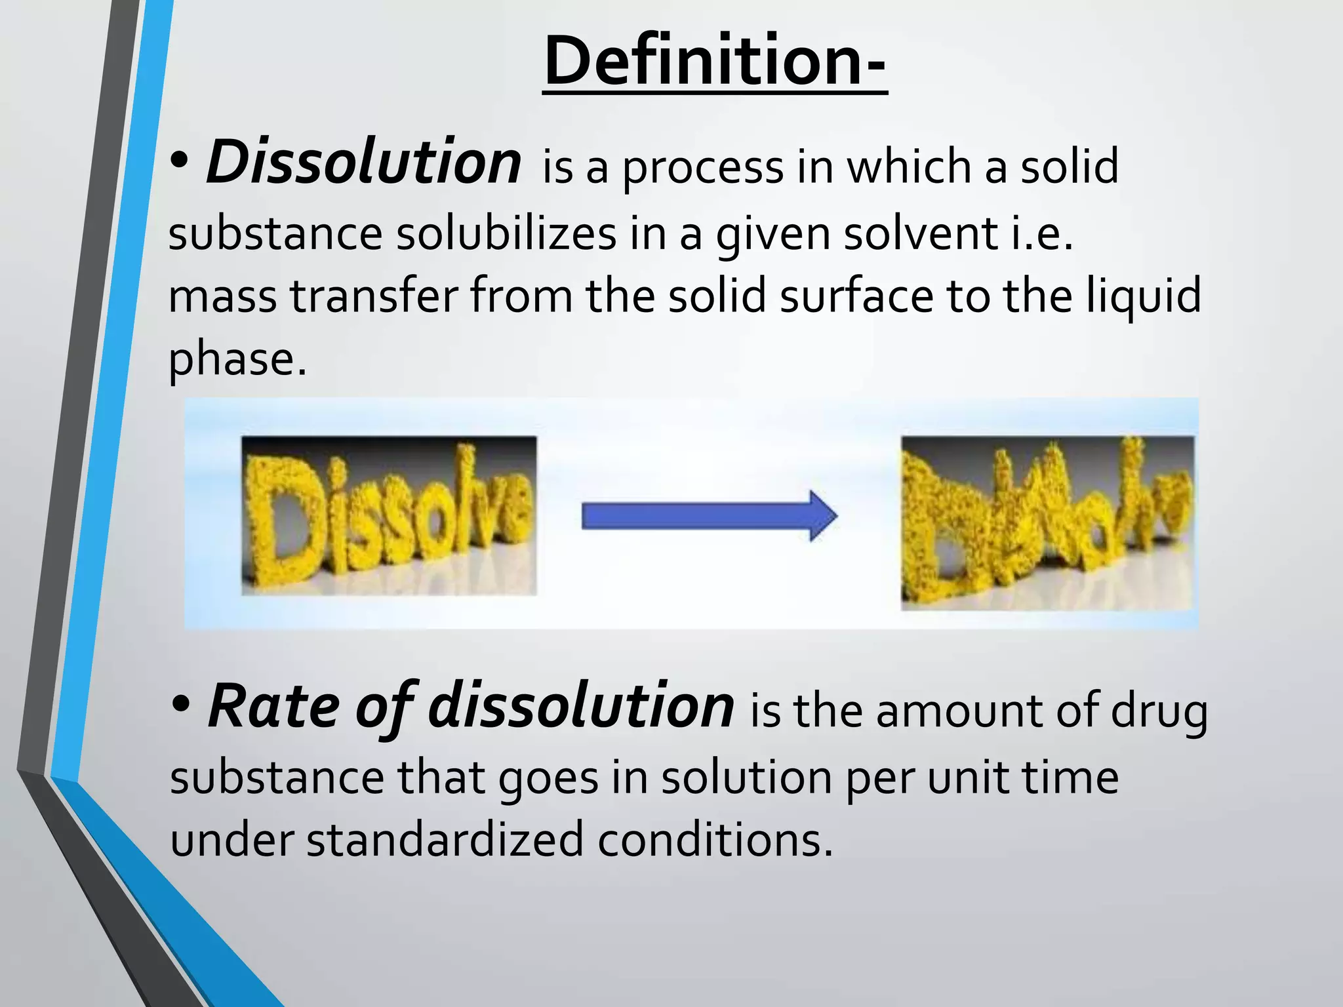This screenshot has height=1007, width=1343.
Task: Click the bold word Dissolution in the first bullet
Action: [x=364, y=162]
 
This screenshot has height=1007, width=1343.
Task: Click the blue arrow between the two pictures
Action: [x=708, y=516]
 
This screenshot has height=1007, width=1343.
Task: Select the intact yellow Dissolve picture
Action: [x=389, y=516]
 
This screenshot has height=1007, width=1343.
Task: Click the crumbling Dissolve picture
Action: [x=1047, y=523]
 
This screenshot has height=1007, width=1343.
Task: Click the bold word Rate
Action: [x=274, y=707]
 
